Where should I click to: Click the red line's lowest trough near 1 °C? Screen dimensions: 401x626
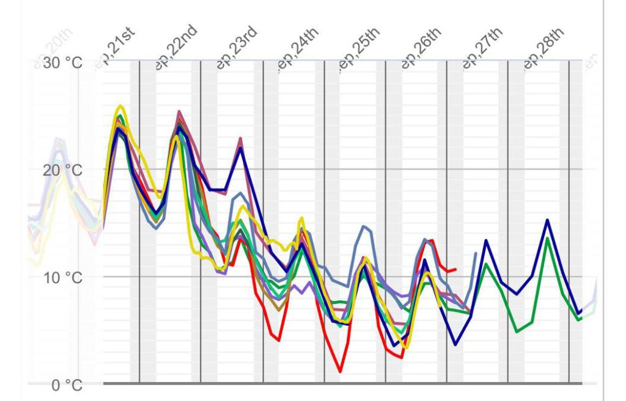pos(340,371)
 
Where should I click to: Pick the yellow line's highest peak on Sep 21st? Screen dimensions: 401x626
pos(121,106)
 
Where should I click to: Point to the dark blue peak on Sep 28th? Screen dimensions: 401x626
pos(547,220)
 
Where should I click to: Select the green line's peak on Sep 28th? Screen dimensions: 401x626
pos(547,238)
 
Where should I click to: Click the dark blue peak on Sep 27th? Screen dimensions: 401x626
pos(486,240)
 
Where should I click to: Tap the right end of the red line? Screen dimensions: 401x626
pos(455,269)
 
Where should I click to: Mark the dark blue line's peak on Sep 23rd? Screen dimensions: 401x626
pos(241,148)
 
